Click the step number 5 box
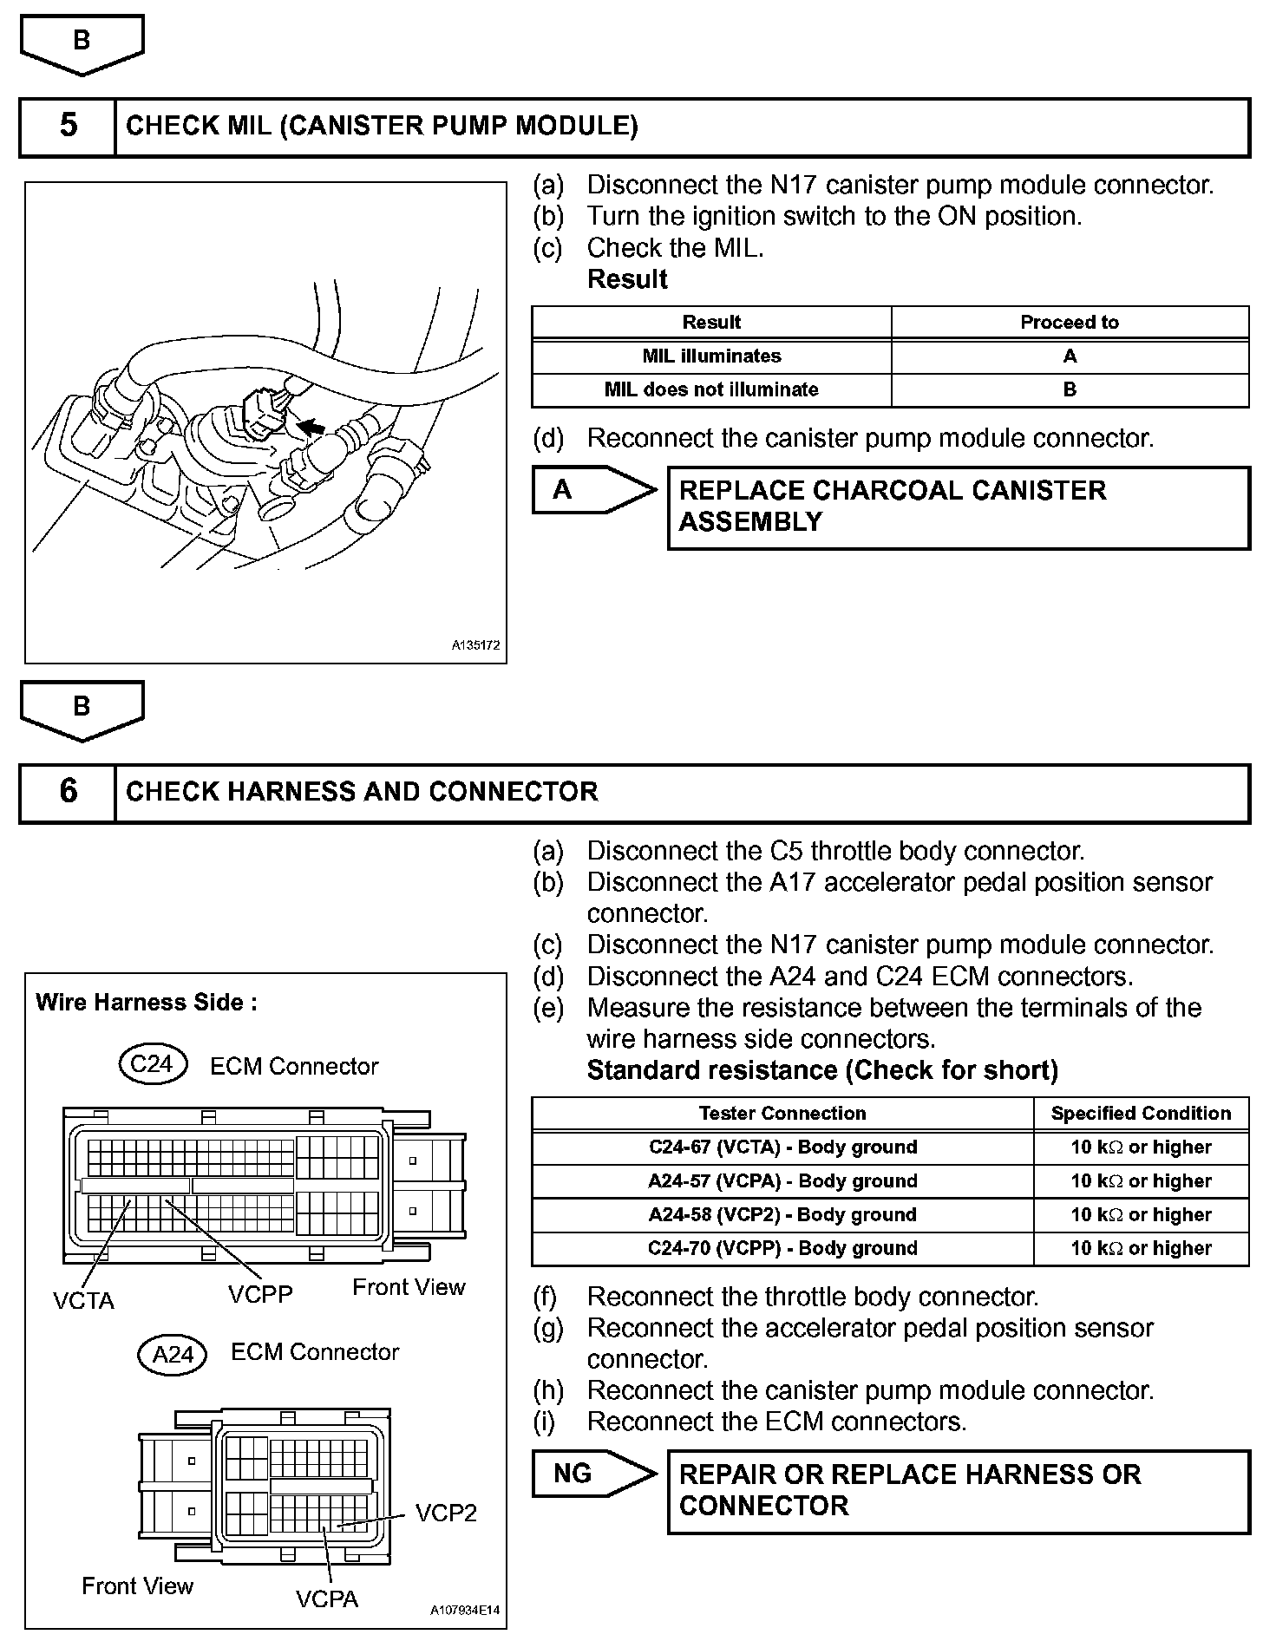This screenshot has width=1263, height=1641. pyautogui.click(x=68, y=127)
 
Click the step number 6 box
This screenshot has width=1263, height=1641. pyautogui.click(x=68, y=792)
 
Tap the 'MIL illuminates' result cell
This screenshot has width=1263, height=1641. pyautogui.click(x=711, y=356)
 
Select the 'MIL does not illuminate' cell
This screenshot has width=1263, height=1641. pyautogui.click(x=711, y=390)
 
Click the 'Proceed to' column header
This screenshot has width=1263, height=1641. pyautogui.click(x=1069, y=323)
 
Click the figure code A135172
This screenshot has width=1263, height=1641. pyautogui.click(x=475, y=646)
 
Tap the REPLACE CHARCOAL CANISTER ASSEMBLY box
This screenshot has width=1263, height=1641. pyautogui.click(x=958, y=507)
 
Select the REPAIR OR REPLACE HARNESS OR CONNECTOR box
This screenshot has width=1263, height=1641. pyautogui.click(x=958, y=1491)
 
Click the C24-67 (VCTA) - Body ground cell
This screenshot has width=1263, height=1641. pyautogui.click(x=782, y=1147)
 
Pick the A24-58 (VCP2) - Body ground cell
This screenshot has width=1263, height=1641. pyautogui.click(x=782, y=1215)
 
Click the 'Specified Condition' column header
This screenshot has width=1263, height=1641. pyautogui.click(x=1141, y=1114)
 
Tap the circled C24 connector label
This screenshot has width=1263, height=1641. pyautogui.click(x=153, y=1064)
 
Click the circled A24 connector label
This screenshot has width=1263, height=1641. pyautogui.click(x=173, y=1354)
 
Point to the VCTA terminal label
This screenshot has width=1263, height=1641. pyautogui.click(x=83, y=1301)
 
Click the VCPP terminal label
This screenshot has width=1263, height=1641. pyautogui.click(x=260, y=1294)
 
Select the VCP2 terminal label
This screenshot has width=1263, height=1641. pyautogui.click(x=446, y=1514)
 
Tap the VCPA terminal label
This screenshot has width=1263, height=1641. pyautogui.click(x=327, y=1599)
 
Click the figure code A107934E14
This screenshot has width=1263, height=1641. pyautogui.click(x=466, y=1611)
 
